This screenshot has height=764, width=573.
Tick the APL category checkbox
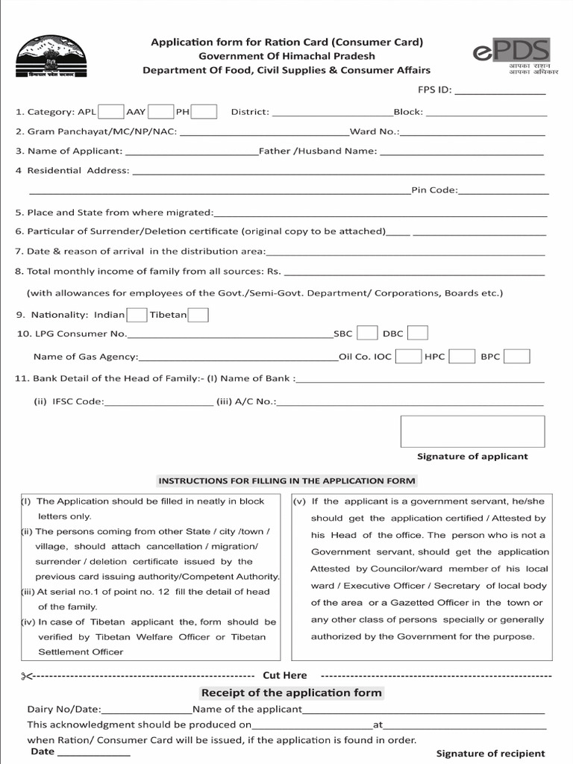(111, 112)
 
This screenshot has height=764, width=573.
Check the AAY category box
(160, 112)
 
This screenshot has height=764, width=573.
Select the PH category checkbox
(204, 112)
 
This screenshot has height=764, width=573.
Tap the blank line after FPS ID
(500, 93)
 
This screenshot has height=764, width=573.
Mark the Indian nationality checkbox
(137, 315)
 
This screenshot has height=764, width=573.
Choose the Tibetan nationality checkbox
(198, 315)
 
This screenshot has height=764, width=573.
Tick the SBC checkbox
(366, 334)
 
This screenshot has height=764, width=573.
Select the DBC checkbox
(418, 334)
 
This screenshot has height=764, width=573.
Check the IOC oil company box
(408, 357)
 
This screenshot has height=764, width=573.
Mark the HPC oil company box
(462, 357)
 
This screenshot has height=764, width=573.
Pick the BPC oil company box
(517, 357)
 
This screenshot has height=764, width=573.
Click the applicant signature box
(472, 431)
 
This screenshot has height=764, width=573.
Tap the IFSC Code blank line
(158, 404)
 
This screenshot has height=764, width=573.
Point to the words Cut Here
(284, 675)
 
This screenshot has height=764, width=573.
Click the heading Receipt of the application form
(291, 693)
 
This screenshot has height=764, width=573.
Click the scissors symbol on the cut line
(28, 676)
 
